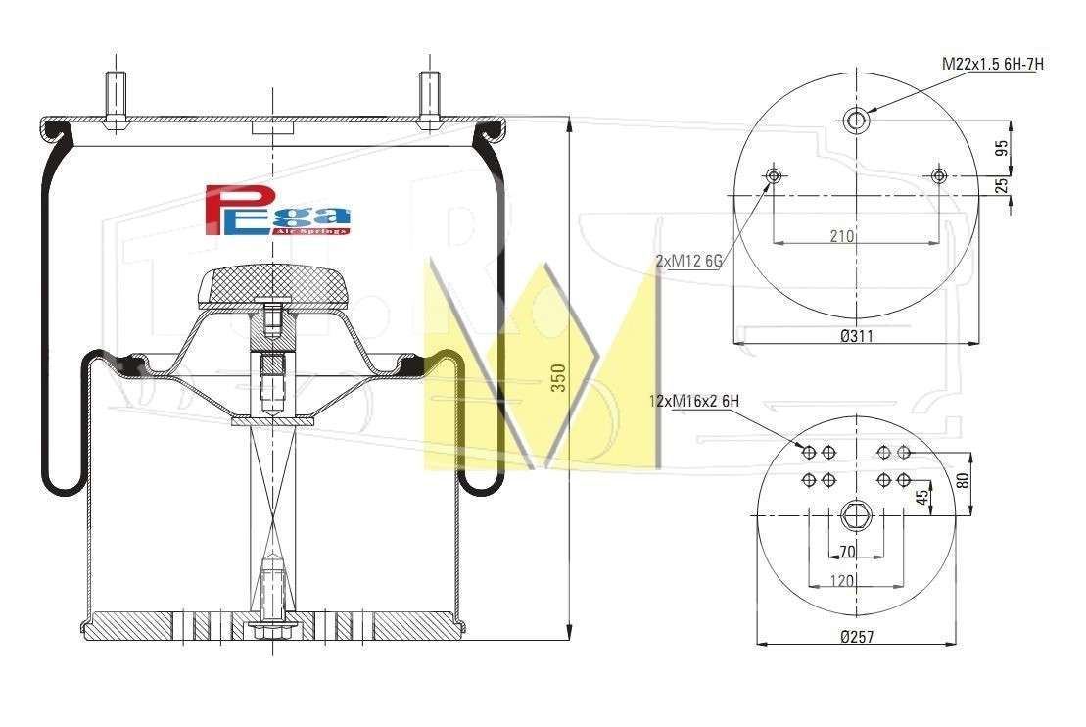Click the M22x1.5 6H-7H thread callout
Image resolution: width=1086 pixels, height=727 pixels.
point(992,64)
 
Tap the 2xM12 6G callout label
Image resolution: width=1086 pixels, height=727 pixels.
point(688,261)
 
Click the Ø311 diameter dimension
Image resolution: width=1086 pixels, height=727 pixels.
point(857,336)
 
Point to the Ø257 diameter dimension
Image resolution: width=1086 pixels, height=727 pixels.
point(857,636)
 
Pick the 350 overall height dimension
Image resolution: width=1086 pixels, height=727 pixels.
point(558,378)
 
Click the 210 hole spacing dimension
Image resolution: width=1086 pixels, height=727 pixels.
point(841,236)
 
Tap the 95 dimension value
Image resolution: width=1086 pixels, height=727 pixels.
point(1002,148)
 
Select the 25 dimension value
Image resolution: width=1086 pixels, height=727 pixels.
point(1002,186)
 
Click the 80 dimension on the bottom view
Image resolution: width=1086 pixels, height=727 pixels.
point(963,480)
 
